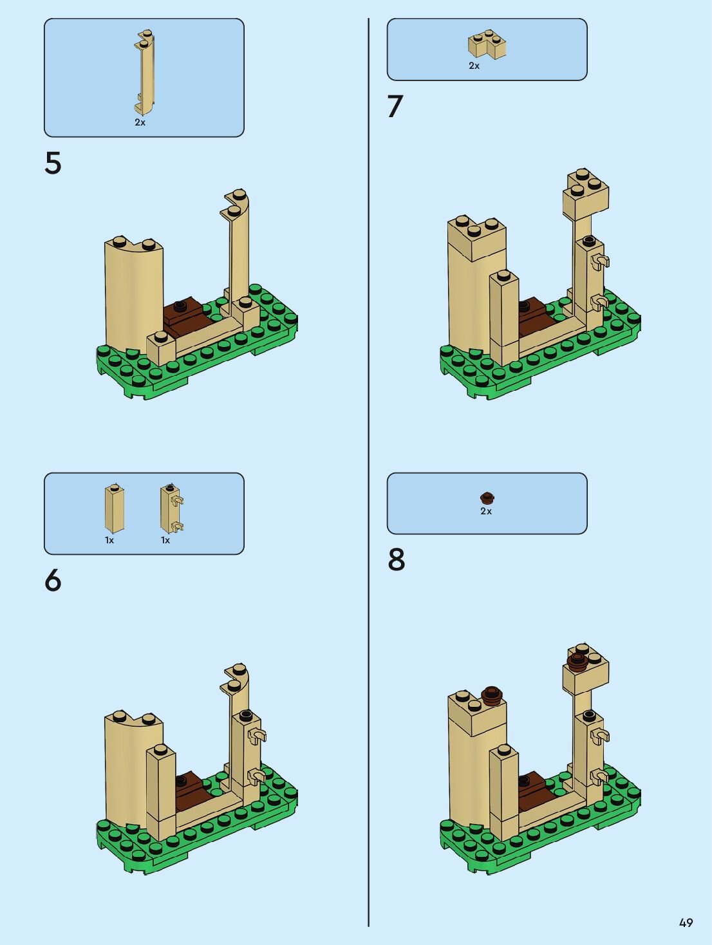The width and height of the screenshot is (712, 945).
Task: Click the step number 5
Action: (x=53, y=164)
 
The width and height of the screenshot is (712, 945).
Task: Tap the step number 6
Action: (x=53, y=581)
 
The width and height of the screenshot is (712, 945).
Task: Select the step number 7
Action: (x=395, y=107)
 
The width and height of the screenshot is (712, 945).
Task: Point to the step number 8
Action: (x=397, y=560)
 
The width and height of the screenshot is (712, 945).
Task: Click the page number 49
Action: (x=686, y=923)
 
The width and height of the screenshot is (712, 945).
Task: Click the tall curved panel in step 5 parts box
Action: (x=145, y=71)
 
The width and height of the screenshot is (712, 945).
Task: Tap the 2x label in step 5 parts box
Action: (x=140, y=122)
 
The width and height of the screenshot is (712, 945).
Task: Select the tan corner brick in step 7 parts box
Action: (x=487, y=44)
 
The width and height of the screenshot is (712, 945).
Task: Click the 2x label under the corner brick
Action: (x=474, y=66)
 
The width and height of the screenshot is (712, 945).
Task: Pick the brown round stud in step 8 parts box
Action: (x=487, y=498)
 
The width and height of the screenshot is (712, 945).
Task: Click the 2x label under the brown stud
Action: (x=486, y=511)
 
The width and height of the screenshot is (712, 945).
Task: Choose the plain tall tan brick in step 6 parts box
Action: (x=114, y=509)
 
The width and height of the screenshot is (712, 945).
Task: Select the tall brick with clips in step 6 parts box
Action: (x=171, y=509)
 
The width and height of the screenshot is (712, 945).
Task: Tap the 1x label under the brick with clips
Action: (x=165, y=540)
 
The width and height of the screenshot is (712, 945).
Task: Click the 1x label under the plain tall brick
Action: (x=109, y=540)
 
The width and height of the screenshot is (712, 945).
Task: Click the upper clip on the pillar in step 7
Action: (x=602, y=261)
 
